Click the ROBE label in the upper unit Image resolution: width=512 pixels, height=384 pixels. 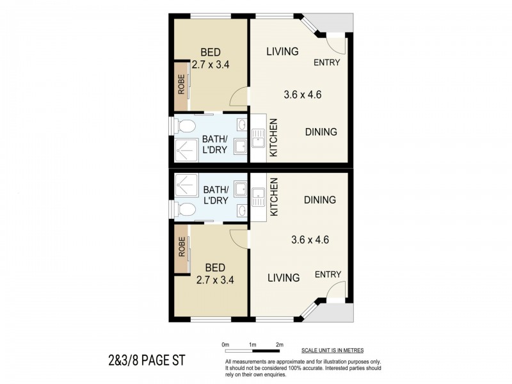pos(181,86)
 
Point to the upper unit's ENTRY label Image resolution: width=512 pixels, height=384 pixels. pos(326,63)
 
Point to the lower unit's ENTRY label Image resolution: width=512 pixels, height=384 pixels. pos(328,275)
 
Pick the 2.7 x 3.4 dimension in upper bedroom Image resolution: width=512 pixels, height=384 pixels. pos(211,64)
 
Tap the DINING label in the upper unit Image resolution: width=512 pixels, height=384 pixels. pos(321,132)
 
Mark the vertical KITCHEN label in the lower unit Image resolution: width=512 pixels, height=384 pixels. pos(273,196)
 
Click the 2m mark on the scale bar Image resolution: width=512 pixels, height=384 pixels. pos(280,345)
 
